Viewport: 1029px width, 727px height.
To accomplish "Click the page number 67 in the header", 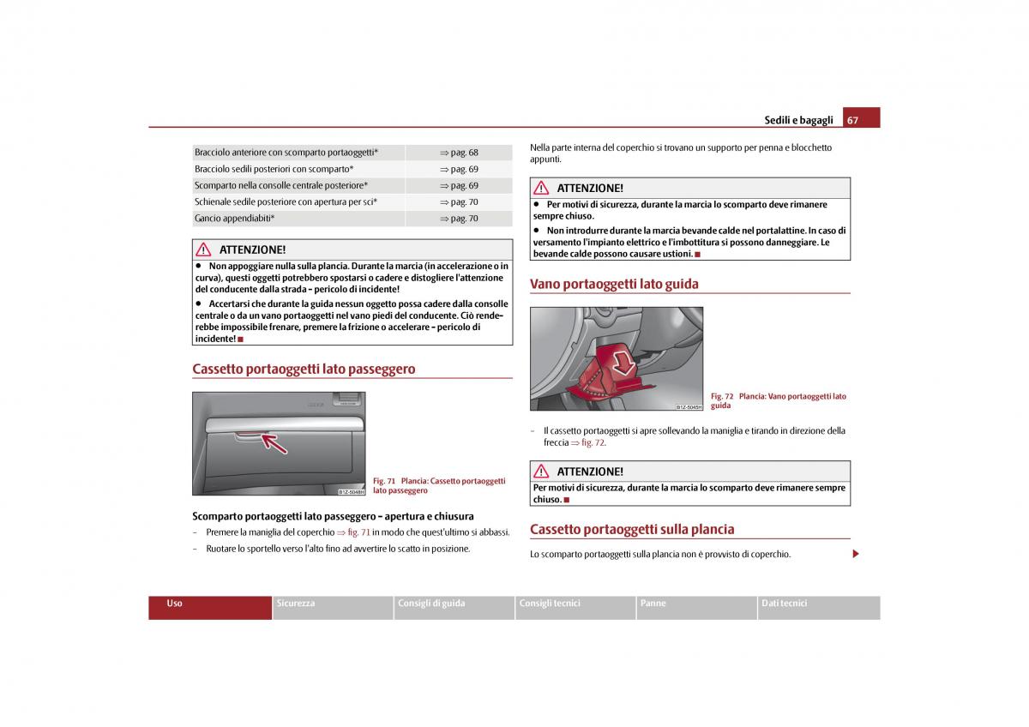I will click(852, 120).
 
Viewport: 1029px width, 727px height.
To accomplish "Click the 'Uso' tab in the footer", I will click(175, 604).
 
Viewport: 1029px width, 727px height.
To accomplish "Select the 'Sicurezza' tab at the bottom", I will click(296, 604).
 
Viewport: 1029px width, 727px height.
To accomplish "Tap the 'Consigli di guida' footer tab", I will click(431, 604).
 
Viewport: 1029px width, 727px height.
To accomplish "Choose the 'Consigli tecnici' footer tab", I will click(550, 604).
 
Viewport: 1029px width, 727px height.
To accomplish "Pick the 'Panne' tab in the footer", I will click(653, 604).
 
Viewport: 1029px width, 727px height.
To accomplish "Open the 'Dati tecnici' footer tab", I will click(784, 604).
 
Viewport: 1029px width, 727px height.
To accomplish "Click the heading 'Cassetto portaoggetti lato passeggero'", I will click(304, 370).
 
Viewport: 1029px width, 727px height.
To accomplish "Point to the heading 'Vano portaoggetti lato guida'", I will click(614, 284).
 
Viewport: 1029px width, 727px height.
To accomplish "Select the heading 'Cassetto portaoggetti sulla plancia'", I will click(632, 529).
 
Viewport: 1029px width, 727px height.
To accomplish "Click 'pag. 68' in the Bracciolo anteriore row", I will click(460, 153).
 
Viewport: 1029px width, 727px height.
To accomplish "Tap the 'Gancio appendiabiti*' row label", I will click(235, 219).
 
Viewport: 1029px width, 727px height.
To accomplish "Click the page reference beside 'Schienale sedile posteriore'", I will click(460, 202).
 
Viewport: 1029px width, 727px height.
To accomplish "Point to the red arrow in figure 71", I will click(274, 442).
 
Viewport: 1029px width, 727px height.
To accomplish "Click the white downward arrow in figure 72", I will click(625, 364).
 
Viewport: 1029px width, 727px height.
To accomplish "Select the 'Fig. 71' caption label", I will click(384, 481).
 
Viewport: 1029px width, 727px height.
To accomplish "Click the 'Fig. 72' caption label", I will click(722, 396).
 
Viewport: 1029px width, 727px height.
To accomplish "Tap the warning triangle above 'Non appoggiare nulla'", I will click(203, 249).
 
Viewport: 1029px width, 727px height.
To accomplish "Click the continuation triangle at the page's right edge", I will click(855, 554).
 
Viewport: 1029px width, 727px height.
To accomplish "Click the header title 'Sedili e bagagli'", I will click(798, 121).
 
